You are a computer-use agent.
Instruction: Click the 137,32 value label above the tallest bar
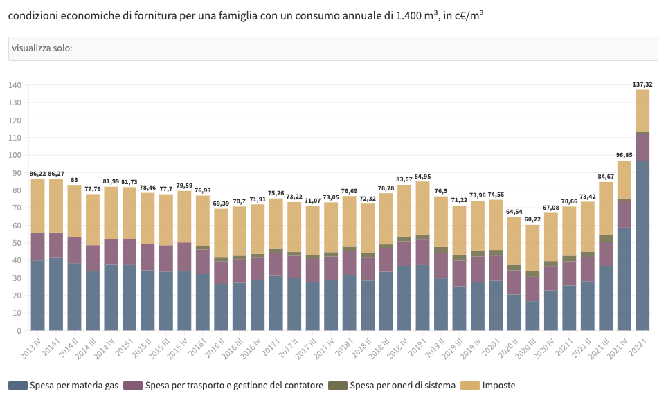642,84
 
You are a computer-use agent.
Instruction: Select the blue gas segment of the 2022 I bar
642,246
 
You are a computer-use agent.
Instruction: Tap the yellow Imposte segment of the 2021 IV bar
624,179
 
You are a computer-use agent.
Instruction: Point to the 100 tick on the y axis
15,155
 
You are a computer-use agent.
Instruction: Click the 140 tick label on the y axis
15,85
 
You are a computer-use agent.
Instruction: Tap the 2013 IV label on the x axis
32,346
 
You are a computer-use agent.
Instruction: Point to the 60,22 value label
532,219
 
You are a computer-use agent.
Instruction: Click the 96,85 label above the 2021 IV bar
624,155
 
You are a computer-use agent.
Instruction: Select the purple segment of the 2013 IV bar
38,246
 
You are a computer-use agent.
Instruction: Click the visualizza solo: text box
333,48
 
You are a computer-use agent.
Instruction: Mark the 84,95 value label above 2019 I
422,176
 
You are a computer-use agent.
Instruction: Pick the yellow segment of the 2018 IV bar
404,211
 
